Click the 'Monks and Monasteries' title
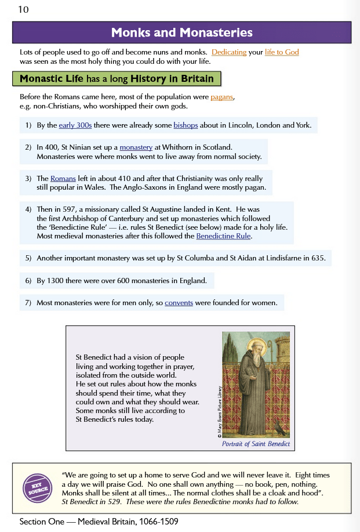[x=181, y=32]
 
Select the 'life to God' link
[x=282, y=52]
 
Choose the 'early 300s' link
[x=75, y=125]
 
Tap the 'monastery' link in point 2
[x=136, y=147]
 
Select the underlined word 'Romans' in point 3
[x=63, y=179]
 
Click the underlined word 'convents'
[x=179, y=302]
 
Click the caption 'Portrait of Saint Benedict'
[x=256, y=444]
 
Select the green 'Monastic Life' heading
[x=116, y=79]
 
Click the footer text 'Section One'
[x=42, y=522]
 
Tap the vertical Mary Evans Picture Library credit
[x=220, y=411]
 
